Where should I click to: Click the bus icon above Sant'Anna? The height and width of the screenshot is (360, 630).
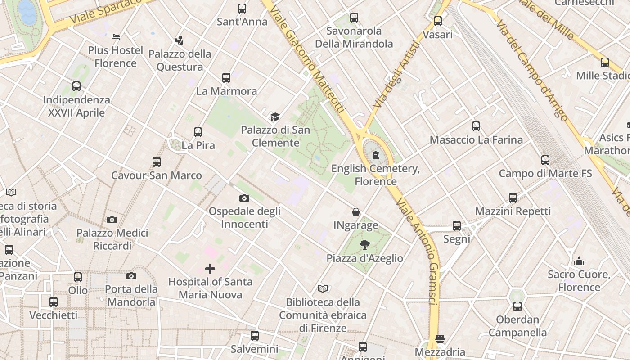click(x=242, y=8)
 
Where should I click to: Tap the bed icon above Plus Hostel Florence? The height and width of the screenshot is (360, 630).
click(x=116, y=36)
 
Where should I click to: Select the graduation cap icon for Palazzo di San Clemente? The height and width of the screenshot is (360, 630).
click(x=275, y=117)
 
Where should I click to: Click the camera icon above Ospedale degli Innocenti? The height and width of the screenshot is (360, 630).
click(x=244, y=198)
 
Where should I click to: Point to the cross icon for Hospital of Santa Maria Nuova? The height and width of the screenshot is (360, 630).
click(x=210, y=269)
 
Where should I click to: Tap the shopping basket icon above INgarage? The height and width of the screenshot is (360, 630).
click(x=356, y=212)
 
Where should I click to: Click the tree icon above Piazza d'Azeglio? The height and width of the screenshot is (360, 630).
click(x=365, y=245)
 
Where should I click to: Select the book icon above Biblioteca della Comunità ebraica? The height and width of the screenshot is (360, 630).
click(x=323, y=288)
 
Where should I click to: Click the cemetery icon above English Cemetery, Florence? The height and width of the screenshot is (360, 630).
click(x=376, y=156)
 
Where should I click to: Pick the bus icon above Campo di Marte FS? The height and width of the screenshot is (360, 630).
click(x=545, y=160)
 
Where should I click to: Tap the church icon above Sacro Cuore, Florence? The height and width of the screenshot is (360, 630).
click(x=579, y=261)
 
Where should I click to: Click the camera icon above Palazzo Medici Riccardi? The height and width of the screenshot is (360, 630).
click(x=112, y=220)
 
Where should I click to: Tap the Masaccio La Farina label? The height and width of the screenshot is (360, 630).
click(x=476, y=139)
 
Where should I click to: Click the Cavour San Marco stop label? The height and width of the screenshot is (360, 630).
click(x=157, y=175)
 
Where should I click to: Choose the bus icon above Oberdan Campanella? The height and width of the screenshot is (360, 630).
click(x=517, y=306)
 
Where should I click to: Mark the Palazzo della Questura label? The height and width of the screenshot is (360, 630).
click(x=180, y=60)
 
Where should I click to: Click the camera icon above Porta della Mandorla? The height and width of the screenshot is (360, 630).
click(x=131, y=276)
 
